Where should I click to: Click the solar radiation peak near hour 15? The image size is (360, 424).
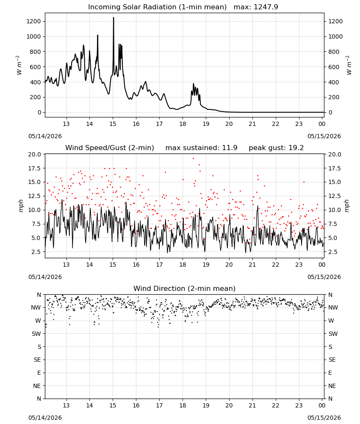[114, 18]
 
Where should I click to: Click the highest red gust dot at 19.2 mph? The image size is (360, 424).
[193, 159]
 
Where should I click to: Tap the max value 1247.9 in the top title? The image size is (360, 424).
[266, 7]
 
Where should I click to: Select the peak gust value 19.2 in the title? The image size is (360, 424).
[296, 148]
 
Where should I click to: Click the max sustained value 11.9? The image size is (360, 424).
[230, 148]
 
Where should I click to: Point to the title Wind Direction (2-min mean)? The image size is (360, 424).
[185, 288]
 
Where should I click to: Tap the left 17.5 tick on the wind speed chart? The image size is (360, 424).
[34, 168]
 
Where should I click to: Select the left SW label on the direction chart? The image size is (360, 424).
[36, 334]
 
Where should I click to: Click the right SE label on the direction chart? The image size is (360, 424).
[332, 360]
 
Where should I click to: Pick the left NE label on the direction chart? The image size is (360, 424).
[37, 386]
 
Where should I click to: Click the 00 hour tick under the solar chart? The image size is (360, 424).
[322, 124]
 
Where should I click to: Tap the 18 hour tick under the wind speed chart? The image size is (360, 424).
[183, 265]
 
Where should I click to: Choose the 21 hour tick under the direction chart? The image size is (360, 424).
[252, 405]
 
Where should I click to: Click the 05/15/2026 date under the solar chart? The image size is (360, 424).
[324, 136]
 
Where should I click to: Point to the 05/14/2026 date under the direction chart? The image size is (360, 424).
[45, 418]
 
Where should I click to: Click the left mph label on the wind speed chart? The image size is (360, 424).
[21, 206]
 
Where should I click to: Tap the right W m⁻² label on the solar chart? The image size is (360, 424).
[349, 65]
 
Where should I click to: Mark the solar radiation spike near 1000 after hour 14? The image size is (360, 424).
[97, 36]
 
